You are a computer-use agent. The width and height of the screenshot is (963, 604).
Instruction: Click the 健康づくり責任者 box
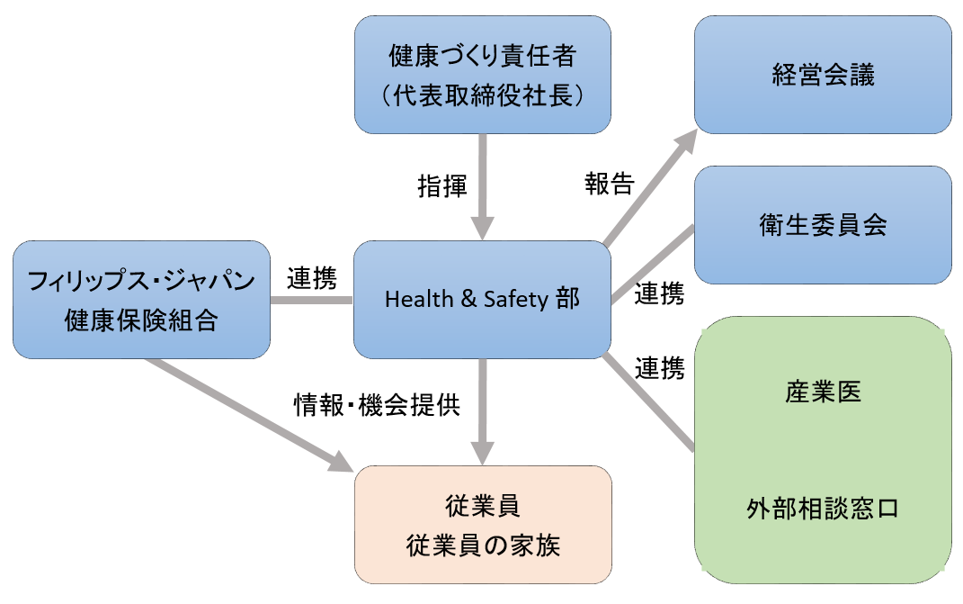pos(483,75)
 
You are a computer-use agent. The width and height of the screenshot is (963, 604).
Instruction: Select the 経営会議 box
pos(823,74)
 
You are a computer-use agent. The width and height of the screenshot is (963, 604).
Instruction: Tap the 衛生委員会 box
pos(823,225)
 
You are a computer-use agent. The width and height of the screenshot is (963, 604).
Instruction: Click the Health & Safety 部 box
pos(483,299)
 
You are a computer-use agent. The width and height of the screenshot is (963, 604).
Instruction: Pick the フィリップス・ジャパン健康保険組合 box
pos(142,299)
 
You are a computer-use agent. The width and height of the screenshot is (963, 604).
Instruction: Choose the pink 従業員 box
pos(483,525)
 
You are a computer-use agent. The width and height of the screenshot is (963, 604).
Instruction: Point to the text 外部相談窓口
pos(823,509)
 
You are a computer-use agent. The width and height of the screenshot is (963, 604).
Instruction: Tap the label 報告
pos(609,184)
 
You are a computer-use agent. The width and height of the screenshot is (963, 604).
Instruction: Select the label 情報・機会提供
pos(378,405)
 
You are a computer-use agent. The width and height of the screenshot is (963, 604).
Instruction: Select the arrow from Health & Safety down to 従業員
pos(484,410)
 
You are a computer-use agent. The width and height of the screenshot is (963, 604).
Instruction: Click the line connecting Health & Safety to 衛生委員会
pos(653,263)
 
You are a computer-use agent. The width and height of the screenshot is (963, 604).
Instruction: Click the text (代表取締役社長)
pos(483,95)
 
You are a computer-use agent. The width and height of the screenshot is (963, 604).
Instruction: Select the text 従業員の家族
pos(483,545)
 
